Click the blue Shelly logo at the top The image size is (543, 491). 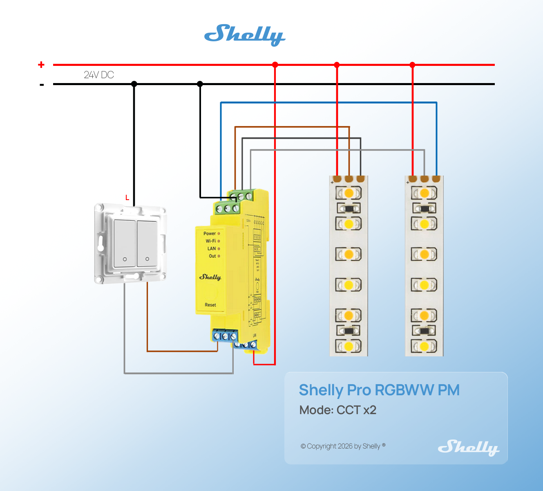(244, 34)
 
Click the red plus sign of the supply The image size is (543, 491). (41, 65)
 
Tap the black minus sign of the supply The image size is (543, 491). (42, 85)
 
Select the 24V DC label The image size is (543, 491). (99, 75)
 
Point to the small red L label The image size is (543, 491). (127, 198)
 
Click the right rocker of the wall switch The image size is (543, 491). (147, 243)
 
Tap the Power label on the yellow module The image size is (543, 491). (210, 234)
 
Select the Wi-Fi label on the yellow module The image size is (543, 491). (211, 241)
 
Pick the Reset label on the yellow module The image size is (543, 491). (210, 305)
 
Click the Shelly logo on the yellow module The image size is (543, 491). (210, 277)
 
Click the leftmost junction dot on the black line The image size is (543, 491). (134, 84)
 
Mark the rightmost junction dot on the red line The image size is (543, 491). (412, 65)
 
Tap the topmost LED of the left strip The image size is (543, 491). (349, 193)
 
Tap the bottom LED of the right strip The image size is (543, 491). (424, 347)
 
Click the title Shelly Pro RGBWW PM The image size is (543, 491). (379, 390)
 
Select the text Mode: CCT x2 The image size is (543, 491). (338, 410)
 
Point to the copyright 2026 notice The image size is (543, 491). (343, 446)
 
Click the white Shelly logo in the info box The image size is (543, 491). (468, 447)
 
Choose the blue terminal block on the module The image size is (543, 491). (225, 336)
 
